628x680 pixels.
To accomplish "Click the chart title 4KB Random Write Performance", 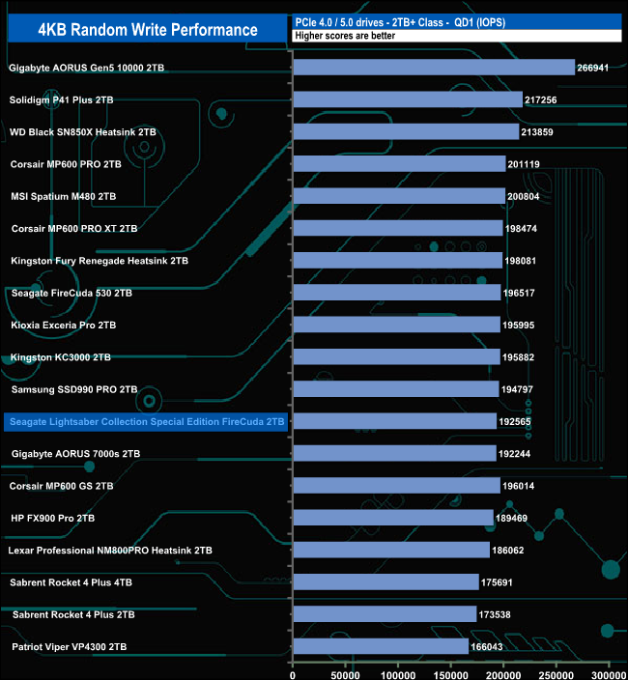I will pos(148,30).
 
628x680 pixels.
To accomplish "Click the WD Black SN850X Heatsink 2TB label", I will pos(82,131).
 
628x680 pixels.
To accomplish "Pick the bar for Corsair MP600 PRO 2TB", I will pos(398,164).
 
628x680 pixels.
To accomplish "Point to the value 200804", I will pos(528,196).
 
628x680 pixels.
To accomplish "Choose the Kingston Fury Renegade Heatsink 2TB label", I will pos(100,261).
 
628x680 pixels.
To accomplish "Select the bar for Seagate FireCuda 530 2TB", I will pos(396,293).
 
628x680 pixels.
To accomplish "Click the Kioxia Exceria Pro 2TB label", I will pos(64,325).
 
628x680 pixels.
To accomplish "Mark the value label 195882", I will pos(523,357).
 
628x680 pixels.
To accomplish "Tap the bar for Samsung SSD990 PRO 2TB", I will pos(395,389).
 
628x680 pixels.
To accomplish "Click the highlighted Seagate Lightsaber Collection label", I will pos(146,421).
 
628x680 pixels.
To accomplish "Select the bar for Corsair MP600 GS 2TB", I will pos(396,486).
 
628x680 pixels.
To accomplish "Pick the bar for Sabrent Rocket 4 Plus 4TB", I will pos(385,582).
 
